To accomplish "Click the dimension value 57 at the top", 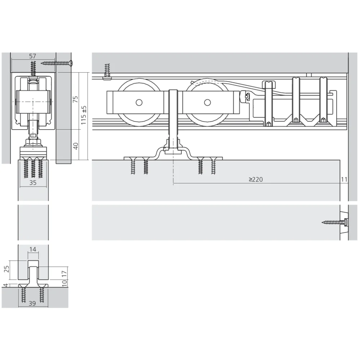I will [x=32, y=56].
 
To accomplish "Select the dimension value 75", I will [x=76, y=99].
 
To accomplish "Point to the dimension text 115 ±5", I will [x=84, y=115].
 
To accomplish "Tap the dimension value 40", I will [x=76, y=146].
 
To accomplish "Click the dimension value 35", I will [x=33, y=183].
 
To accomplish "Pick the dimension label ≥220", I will [x=256, y=179].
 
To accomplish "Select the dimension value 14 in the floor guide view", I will [x=33, y=249].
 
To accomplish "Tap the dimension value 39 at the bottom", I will [x=32, y=304].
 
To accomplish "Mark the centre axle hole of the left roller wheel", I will [x=139, y=103].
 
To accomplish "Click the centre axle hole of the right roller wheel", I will [x=207, y=103].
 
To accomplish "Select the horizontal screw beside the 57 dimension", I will [x=57, y=63].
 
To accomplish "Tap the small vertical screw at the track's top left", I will [x=107, y=71].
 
